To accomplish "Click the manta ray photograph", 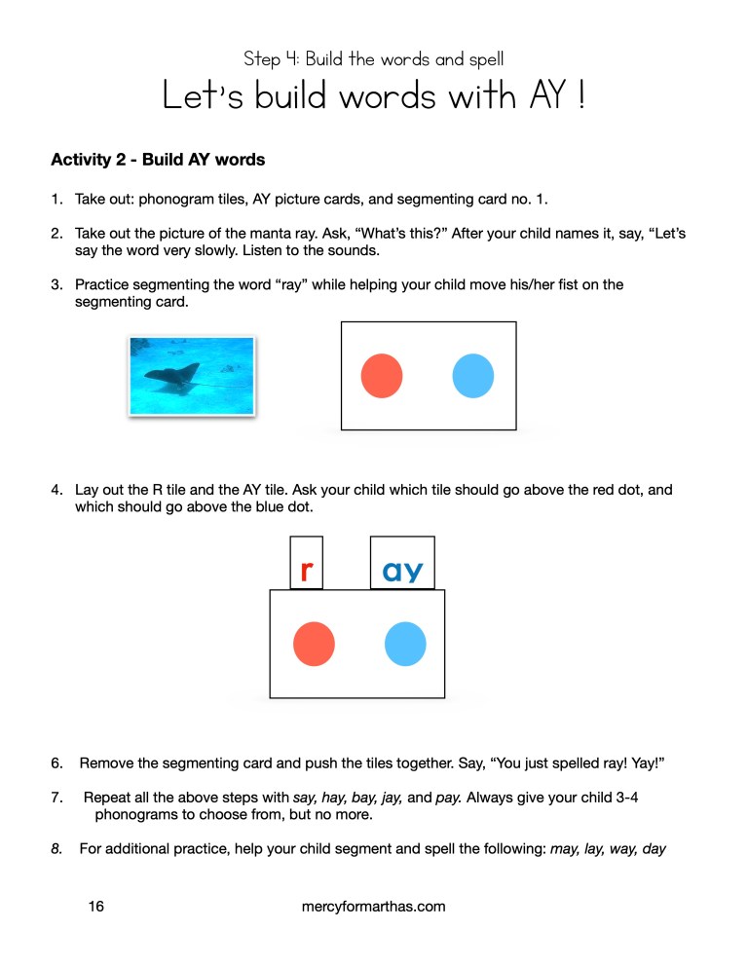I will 192,376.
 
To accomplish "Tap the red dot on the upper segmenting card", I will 382,376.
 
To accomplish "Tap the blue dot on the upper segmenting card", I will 473,376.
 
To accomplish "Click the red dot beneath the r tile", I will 314,645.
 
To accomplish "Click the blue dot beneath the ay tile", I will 405,645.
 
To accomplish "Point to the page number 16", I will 95,907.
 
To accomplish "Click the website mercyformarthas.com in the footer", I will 374,907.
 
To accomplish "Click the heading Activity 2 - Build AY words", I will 158,159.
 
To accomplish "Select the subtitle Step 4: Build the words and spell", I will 374,59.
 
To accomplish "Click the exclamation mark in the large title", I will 580,96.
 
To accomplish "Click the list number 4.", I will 56,490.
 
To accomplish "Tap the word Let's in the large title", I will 201,96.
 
